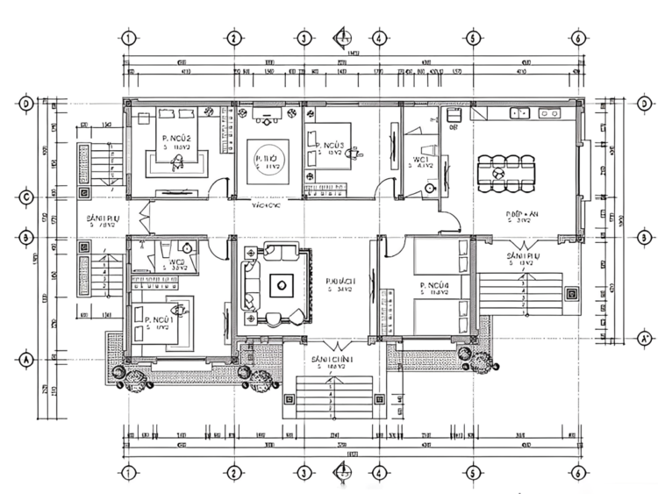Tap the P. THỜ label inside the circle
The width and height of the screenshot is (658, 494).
(x=267, y=159)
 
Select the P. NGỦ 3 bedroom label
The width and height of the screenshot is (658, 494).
(x=328, y=145)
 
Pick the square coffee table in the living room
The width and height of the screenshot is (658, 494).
(x=281, y=283)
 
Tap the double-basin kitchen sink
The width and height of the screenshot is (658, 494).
(x=519, y=111)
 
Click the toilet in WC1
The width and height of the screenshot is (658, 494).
(x=430, y=187)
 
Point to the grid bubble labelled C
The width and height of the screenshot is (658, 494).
(x=27, y=197)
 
